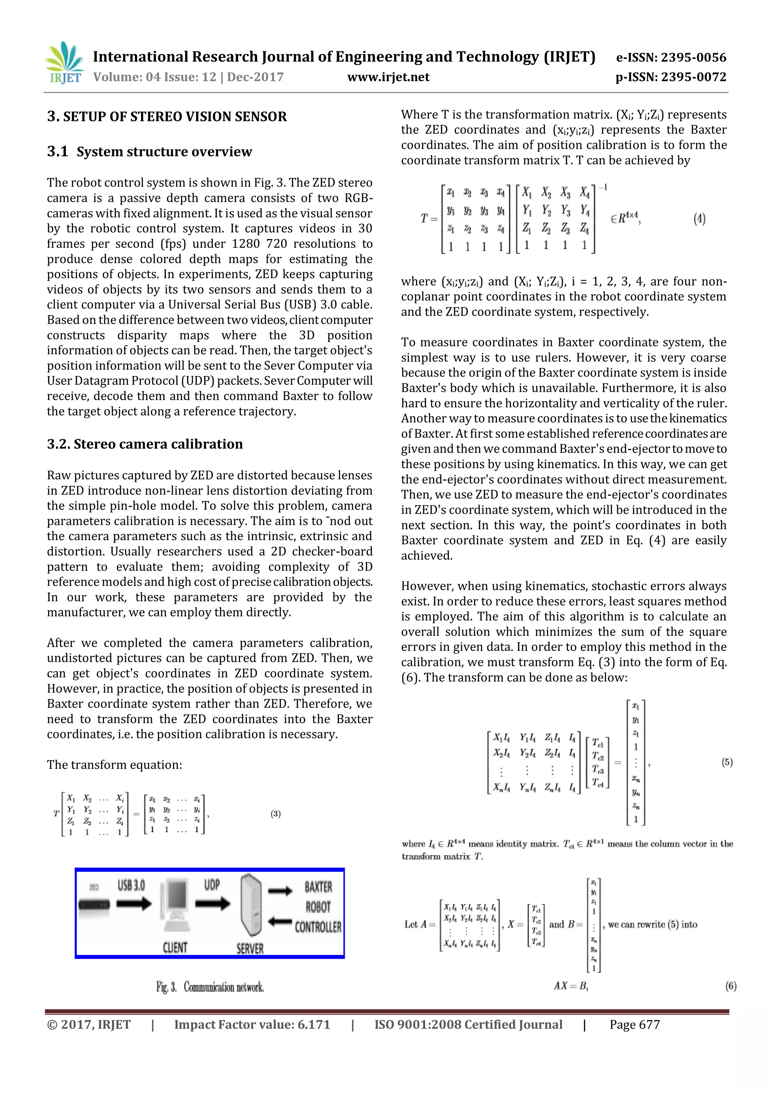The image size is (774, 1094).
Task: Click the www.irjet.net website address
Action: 388,77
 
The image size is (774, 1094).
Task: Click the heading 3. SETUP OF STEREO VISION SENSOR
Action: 167,117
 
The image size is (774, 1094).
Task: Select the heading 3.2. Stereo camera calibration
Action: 145,444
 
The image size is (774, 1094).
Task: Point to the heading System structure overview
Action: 164,151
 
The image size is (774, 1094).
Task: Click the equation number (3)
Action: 276,814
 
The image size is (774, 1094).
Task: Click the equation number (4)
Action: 699,219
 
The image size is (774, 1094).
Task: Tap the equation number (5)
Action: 727,762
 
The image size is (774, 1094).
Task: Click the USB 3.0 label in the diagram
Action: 131,885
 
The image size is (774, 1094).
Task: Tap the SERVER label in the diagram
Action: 250,948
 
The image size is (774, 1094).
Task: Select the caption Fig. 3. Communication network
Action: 210,987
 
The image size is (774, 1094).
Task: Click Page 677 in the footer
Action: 635,1025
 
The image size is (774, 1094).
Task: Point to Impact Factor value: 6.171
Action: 252,1025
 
